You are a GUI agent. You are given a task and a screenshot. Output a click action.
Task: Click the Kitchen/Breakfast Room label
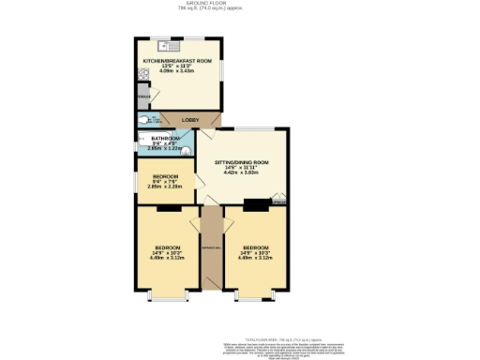[177, 61]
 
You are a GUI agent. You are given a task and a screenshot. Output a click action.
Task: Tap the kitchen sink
[172, 45]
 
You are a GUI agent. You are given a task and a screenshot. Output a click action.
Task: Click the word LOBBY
[191, 120]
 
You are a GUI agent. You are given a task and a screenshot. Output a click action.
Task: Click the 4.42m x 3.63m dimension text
[241, 172]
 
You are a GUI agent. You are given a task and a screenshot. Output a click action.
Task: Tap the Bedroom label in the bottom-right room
[252, 247]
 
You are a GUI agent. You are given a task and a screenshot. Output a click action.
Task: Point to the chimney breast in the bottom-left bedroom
[163, 207]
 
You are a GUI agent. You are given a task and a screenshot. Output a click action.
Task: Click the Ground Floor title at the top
[239, 4]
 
